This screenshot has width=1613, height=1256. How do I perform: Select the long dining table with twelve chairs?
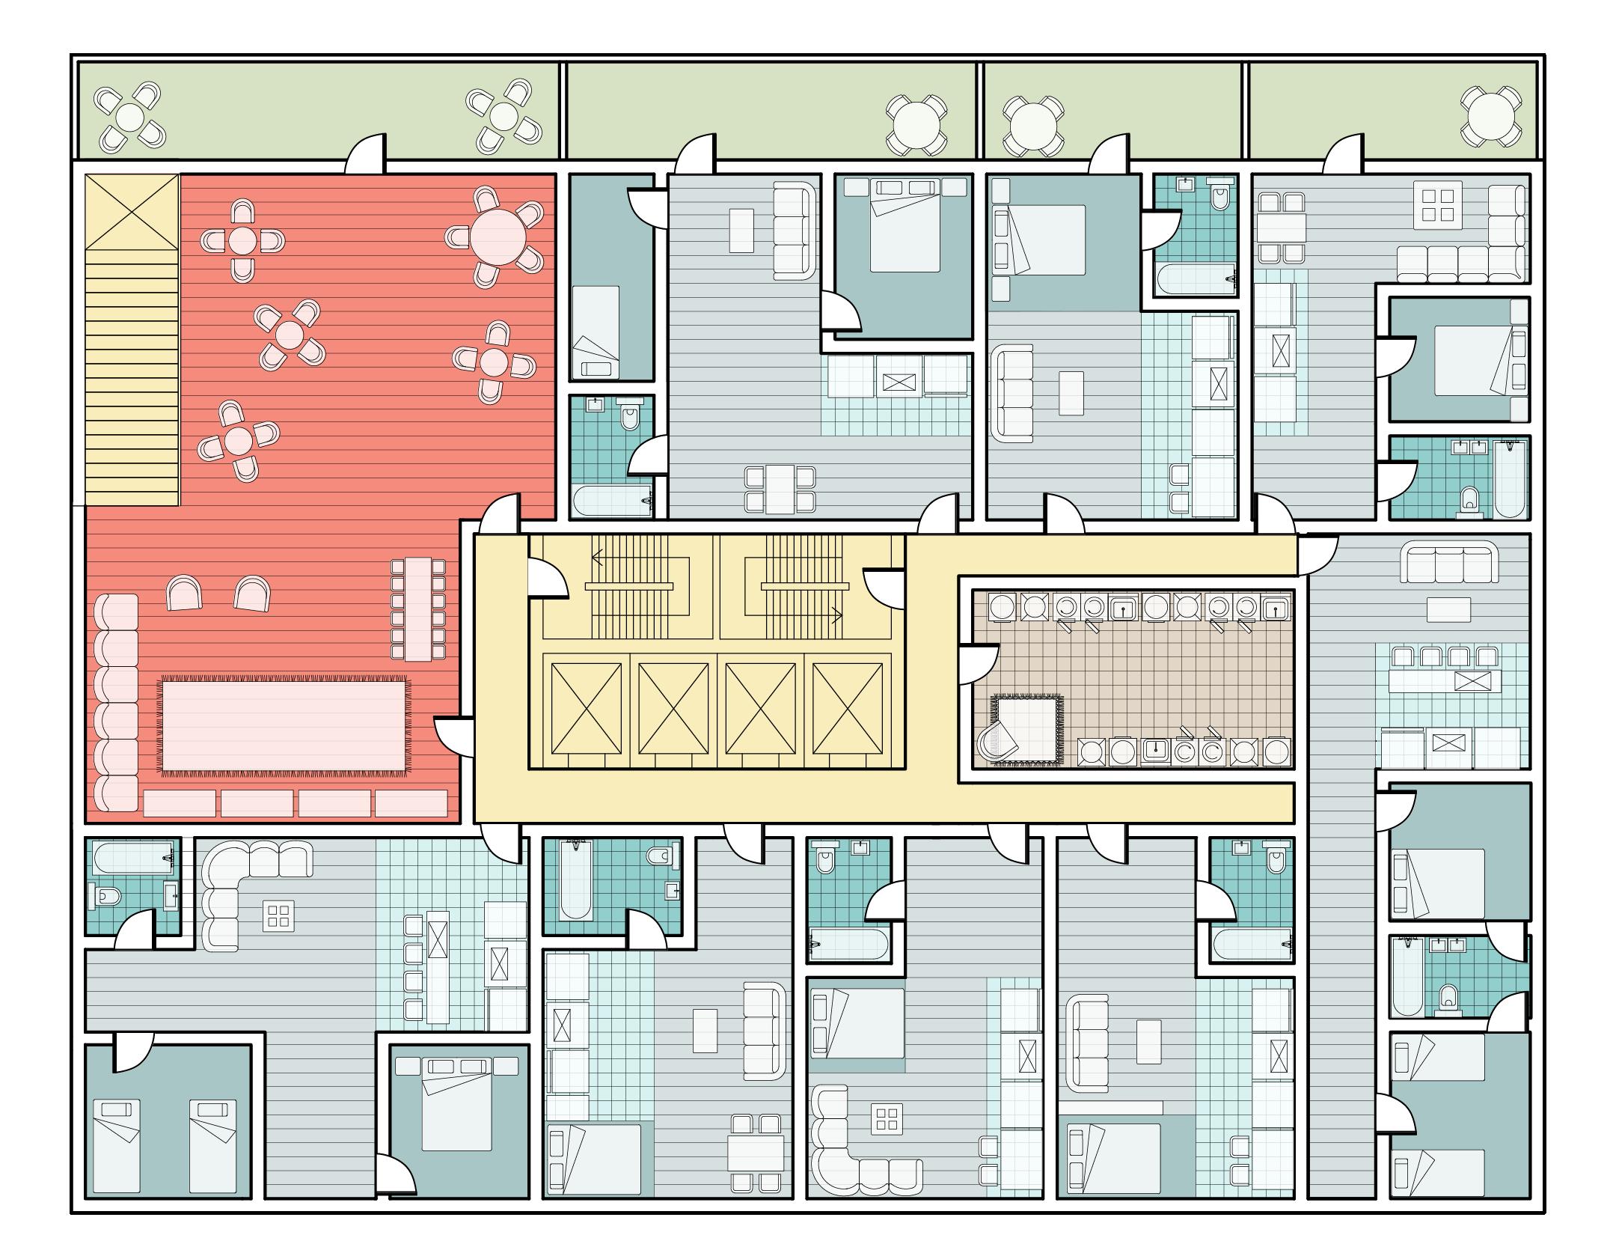pyautogui.click(x=417, y=609)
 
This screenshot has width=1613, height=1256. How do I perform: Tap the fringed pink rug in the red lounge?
pyautogui.click(x=284, y=726)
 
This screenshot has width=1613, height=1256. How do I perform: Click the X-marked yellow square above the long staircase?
pyautogui.click(x=132, y=212)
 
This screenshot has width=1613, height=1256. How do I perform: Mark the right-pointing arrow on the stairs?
pyautogui.click(x=836, y=616)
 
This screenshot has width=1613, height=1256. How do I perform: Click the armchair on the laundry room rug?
pyautogui.click(x=997, y=742)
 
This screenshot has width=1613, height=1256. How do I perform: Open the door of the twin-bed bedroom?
pyautogui.click(x=133, y=1052)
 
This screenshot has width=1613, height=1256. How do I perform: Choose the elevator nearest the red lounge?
pyautogui.click(x=587, y=709)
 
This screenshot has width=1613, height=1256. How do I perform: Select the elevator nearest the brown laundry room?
pyautogui.click(x=848, y=709)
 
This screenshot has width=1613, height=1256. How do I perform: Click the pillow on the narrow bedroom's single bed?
pyautogui.click(x=596, y=368)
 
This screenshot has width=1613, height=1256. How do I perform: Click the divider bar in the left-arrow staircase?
pyautogui.click(x=631, y=586)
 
